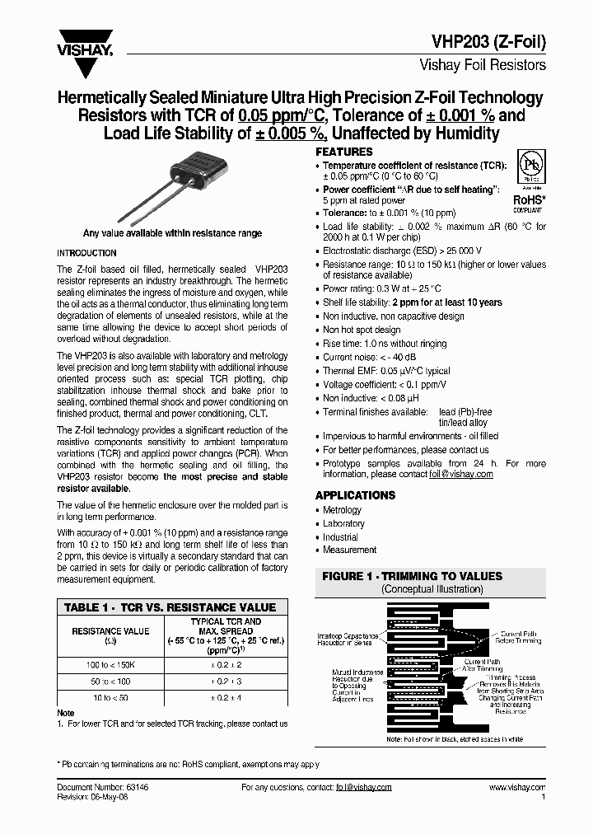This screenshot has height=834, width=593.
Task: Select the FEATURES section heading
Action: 344,152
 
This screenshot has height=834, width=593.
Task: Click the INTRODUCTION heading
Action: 86,253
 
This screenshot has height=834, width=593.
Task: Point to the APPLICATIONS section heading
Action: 355,495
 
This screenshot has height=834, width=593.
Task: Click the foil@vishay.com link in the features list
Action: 461,475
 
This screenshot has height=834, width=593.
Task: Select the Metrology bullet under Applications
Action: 342,510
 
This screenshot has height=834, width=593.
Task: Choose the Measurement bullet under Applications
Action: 349,550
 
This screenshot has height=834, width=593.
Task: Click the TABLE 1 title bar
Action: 170,607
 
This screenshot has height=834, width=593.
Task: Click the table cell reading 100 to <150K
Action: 111,664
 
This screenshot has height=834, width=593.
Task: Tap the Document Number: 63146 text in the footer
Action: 103,787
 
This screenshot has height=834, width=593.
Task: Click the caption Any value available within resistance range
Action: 172,233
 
